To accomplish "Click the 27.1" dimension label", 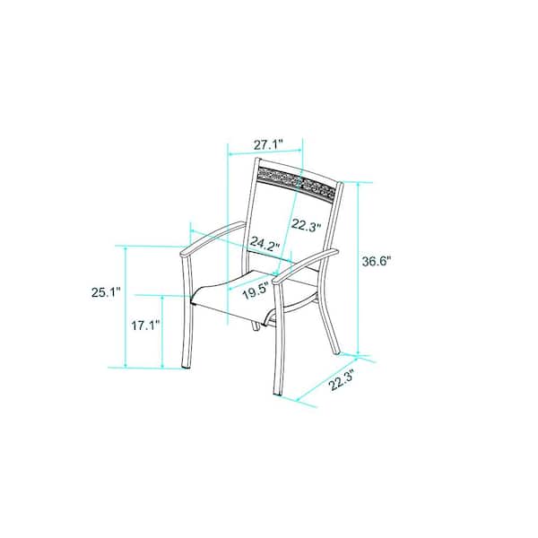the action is click(x=268, y=144).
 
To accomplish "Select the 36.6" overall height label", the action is click(x=377, y=262).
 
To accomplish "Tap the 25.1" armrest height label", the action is click(x=106, y=292).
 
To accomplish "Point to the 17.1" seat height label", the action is click(x=146, y=325).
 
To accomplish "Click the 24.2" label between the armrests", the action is click(x=265, y=244).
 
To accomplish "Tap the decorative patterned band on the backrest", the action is click(x=296, y=182).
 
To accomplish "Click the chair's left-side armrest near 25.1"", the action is click(x=213, y=239).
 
